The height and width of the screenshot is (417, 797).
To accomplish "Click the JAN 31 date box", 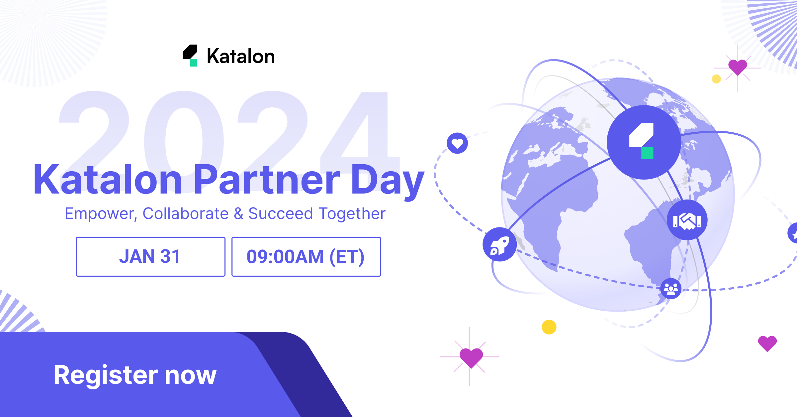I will [150, 256].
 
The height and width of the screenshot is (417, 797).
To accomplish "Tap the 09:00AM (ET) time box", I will [306, 256].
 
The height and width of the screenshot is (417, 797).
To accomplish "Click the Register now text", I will [135, 375].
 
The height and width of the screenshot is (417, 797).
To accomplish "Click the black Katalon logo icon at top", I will [190, 56].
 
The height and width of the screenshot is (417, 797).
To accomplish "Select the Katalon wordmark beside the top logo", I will [241, 56].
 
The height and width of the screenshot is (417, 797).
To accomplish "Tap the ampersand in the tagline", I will [238, 213].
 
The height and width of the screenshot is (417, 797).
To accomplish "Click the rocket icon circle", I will [499, 244].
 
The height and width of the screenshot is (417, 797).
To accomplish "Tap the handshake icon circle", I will [687, 220].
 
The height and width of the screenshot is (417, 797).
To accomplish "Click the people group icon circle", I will [671, 289].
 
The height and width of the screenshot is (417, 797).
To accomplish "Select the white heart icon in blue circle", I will [457, 143].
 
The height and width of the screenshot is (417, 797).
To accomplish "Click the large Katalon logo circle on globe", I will [644, 142].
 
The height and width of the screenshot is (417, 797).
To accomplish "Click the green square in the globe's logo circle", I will [647, 153].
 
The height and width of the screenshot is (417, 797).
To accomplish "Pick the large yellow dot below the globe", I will [549, 327].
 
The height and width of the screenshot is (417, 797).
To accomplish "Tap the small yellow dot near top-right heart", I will [716, 79].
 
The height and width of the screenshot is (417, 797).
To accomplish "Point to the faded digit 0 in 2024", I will [184, 140].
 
